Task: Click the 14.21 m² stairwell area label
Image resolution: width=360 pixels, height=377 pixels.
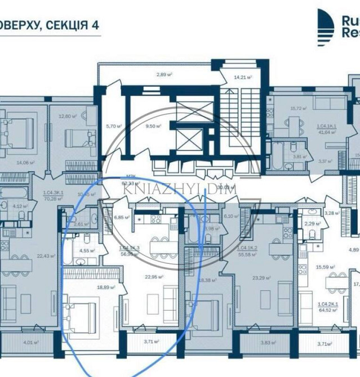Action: (x=243, y=77)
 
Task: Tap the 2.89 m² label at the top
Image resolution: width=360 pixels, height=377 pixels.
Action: (x=166, y=74)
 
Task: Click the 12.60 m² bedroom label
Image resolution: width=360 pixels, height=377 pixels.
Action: (x=67, y=116)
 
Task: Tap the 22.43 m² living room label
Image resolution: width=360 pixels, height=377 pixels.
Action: (x=46, y=255)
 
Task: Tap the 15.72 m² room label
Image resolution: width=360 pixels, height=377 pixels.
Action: (x=297, y=109)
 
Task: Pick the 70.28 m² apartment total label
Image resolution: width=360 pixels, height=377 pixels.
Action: (x=53, y=198)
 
